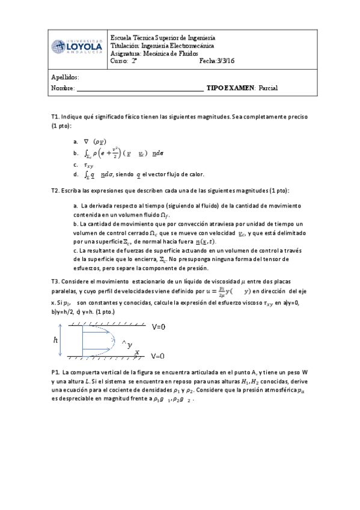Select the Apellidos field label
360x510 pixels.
pos(65,78)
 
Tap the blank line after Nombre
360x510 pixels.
pos(139,88)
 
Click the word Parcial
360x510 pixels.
pos(268,88)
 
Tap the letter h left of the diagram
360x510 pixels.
pos(56,340)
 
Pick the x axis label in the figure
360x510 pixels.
pos(136,352)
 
